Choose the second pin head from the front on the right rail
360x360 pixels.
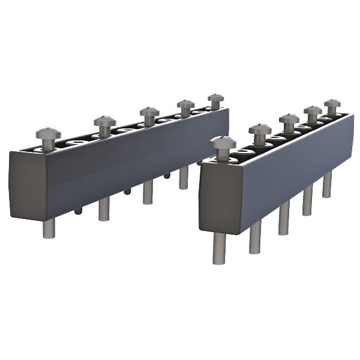coord(260,130)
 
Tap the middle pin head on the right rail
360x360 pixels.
coord(289,119)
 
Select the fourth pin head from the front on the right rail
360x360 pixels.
coord(313,111)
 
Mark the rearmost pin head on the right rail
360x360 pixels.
coord(332,104)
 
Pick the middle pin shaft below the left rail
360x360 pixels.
coord(148,193)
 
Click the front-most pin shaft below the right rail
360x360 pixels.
coord(219,248)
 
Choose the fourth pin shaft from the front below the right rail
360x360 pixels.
coord(307,200)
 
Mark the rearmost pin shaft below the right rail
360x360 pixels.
coord(327,185)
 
